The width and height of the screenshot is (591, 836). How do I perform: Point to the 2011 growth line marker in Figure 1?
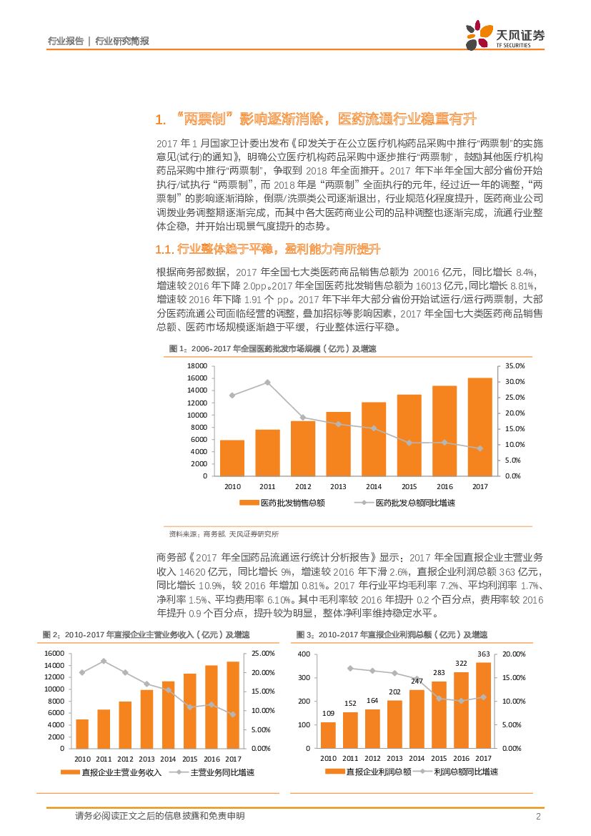pyautogui.click(x=267, y=382)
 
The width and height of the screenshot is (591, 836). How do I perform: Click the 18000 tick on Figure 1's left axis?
pyautogui.click(x=198, y=365)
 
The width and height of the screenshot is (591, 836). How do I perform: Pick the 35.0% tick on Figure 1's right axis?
pyautogui.click(x=515, y=365)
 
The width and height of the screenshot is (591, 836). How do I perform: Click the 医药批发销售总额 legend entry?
pyautogui.click(x=282, y=503)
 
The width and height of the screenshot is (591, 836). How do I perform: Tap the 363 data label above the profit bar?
pyautogui.click(x=483, y=654)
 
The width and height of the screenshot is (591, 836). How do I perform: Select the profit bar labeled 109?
pyautogui.click(x=328, y=735)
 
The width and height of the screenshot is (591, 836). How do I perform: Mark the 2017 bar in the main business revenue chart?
pyautogui.click(x=233, y=704)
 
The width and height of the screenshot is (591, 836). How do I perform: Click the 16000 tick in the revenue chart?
pyautogui.click(x=54, y=654)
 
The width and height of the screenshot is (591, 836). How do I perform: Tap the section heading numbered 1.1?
pyautogui.click(x=268, y=249)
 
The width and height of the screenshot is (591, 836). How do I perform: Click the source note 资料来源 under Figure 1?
pyautogui.click(x=224, y=533)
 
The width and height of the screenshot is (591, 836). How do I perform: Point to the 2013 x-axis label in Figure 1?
pyautogui.click(x=338, y=486)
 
